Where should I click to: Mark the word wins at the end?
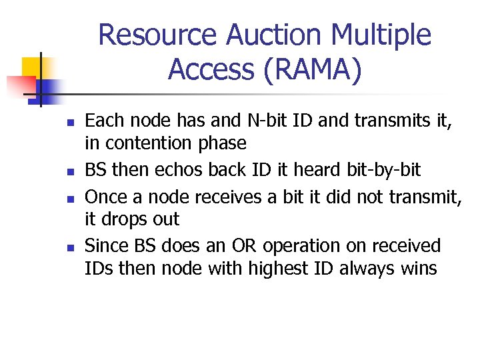(x=418, y=269)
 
